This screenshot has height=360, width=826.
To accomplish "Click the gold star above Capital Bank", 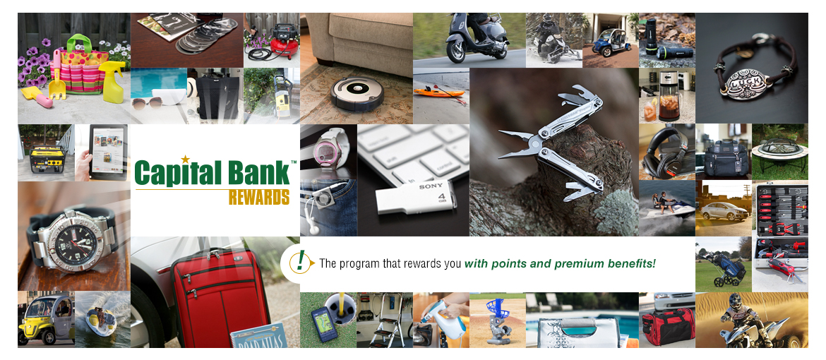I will (186, 159).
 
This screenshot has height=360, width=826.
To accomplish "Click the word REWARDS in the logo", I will (258, 197).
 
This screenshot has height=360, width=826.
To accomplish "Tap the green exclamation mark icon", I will (301, 262).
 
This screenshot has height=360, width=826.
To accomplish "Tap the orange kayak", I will (438, 91).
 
